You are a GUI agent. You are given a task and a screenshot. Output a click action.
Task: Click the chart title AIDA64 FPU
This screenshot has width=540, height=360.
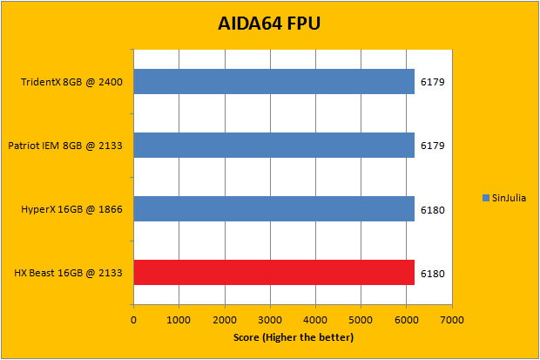(269, 24)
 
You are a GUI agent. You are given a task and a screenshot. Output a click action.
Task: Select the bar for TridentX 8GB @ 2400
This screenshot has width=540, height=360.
(273, 82)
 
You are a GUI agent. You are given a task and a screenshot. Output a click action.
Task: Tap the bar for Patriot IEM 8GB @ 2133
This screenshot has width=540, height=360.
(273, 146)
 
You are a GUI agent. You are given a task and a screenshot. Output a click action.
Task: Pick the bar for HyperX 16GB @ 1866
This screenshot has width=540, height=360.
(273, 209)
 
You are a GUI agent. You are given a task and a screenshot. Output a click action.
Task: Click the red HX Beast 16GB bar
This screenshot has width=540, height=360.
(273, 273)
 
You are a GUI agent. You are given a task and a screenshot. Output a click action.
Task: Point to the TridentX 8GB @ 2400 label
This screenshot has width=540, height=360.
(71, 83)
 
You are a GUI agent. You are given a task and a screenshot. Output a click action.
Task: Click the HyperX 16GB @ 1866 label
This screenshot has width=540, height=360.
(71, 209)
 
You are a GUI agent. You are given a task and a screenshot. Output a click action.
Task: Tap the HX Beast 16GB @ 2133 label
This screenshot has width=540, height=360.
(68, 274)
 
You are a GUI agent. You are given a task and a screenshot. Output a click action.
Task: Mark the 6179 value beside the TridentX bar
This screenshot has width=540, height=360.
(432, 83)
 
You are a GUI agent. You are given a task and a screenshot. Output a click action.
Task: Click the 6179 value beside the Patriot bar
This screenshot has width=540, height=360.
(432, 146)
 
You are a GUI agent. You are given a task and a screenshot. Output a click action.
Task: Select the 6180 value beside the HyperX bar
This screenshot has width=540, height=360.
(432, 209)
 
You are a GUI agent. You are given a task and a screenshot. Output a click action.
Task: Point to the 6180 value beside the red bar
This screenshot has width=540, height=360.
(432, 274)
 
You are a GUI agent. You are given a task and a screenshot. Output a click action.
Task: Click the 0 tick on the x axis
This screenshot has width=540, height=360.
(133, 320)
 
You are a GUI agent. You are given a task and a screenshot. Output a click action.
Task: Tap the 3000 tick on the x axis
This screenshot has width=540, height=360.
(270, 320)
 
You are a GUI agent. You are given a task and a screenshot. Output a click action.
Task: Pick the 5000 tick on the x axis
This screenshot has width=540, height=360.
(361, 320)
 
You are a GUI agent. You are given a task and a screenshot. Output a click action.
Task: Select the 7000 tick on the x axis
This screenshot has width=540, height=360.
(451, 320)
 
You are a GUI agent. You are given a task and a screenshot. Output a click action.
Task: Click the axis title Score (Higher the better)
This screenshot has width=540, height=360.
(293, 337)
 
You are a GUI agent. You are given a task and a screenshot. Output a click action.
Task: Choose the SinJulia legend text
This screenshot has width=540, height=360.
(509, 198)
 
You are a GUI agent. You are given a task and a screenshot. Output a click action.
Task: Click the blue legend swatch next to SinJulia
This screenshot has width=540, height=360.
(485, 198)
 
